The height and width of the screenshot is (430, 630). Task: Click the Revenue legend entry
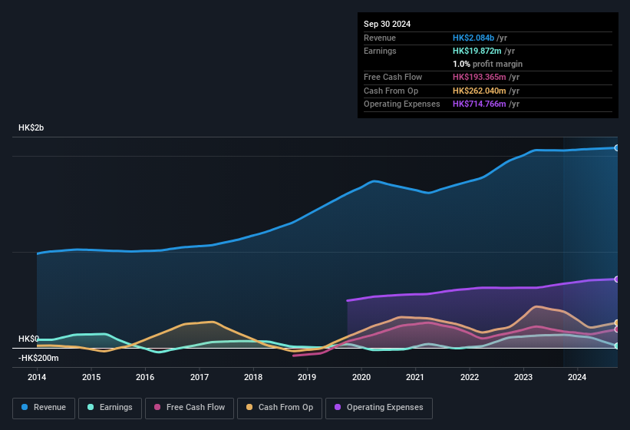(x=44, y=407)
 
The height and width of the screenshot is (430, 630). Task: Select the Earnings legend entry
(x=110, y=407)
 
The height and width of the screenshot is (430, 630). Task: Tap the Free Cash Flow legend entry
(x=190, y=407)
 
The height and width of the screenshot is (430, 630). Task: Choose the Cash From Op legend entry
(x=279, y=407)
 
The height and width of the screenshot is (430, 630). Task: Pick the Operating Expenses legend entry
(x=378, y=407)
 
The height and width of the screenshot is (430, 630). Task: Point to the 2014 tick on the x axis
(x=37, y=377)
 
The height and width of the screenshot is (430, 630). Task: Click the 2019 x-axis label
(x=307, y=377)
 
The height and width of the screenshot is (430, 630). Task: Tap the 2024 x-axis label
(x=577, y=377)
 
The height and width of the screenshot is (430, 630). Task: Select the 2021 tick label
(x=415, y=377)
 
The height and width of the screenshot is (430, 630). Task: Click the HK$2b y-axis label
(x=31, y=127)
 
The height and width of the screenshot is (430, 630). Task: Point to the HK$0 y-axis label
(x=28, y=339)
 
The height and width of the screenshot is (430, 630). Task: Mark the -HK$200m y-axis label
(x=38, y=358)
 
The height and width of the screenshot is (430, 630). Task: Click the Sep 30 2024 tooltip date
(x=387, y=24)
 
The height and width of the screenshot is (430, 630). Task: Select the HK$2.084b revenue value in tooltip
(x=473, y=38)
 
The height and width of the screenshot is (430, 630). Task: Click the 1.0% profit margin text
(x=487, y=64)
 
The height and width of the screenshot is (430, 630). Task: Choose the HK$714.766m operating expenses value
(x=481, y=104)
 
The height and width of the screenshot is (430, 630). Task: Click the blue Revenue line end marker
(x=617, y=147)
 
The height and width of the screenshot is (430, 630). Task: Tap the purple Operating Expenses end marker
(x=617, y=279)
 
